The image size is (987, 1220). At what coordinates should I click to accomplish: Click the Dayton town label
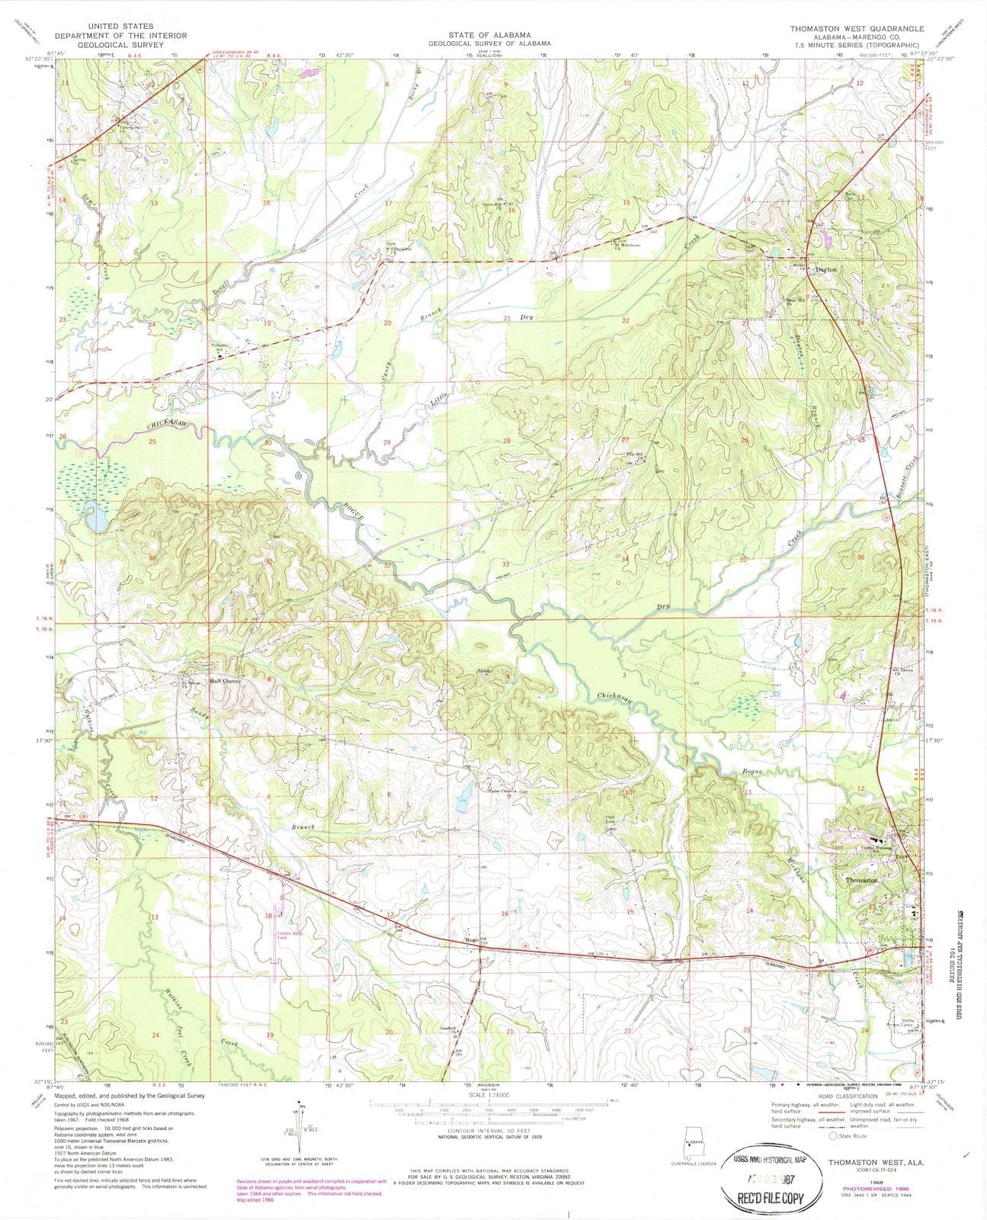tap(825, 270)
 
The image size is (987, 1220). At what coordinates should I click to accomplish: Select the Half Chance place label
tap(225, 681)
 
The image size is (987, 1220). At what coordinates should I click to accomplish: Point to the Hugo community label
tap(471, 940)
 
